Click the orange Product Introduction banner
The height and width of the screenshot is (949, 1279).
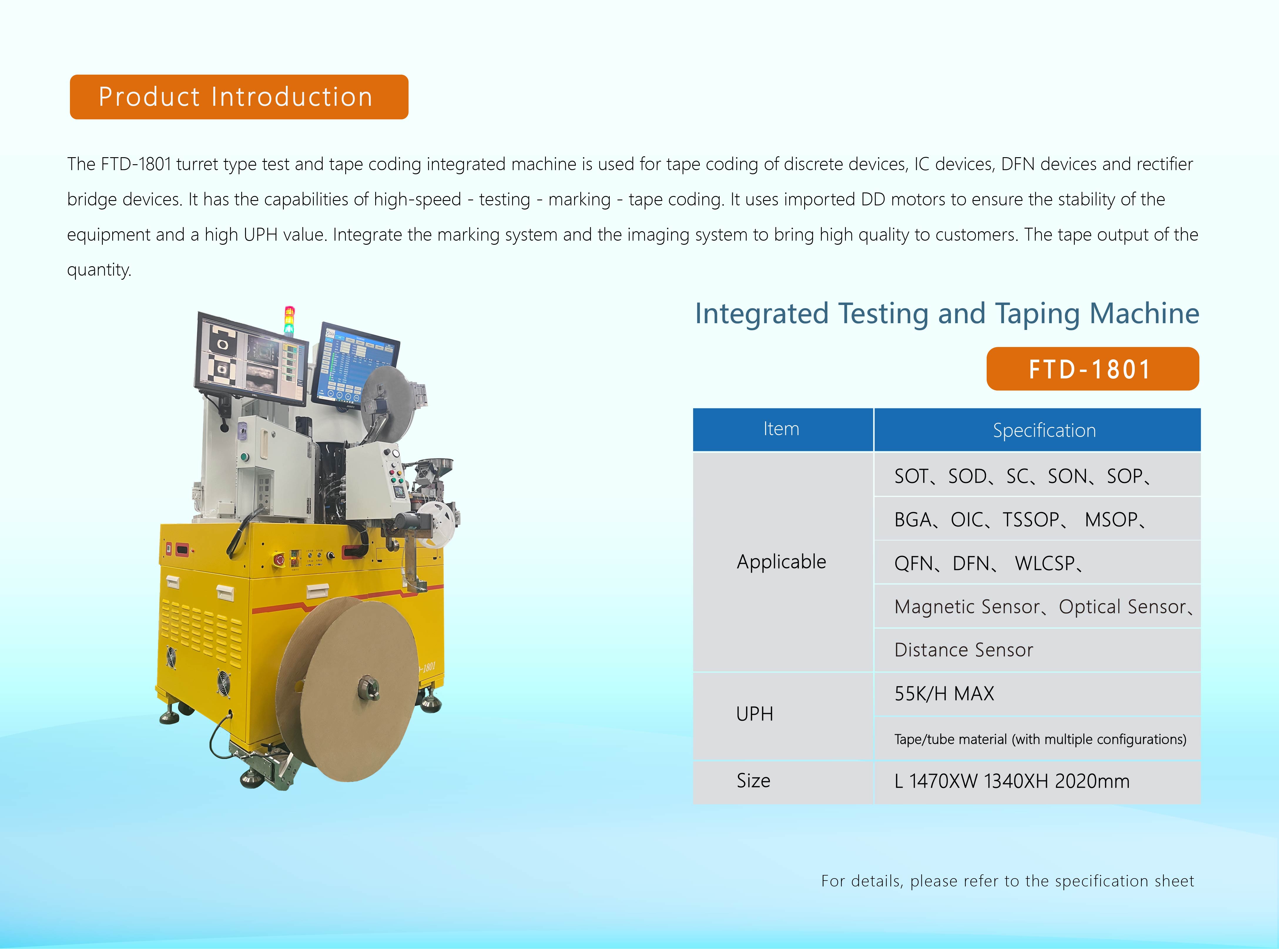(x=239, y=97)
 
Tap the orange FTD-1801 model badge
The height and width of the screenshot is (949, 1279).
(x=1092, y=369)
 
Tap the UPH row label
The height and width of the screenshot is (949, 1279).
(x=755, y=714)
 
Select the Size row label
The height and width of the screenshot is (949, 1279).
(x=753, y=781)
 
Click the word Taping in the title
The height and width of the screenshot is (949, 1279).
(x=1037, y=314)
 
